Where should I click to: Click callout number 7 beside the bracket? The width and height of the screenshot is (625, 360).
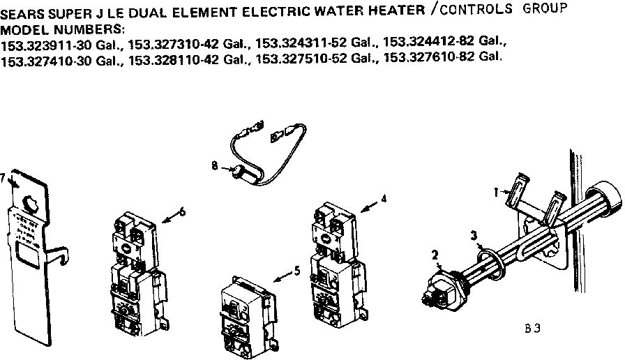click(3, 177)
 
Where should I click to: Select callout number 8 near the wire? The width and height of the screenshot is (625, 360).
click(215, 165)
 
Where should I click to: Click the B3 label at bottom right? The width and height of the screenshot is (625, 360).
click(532, 327)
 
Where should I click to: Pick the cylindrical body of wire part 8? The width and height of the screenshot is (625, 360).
click(243, 171)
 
